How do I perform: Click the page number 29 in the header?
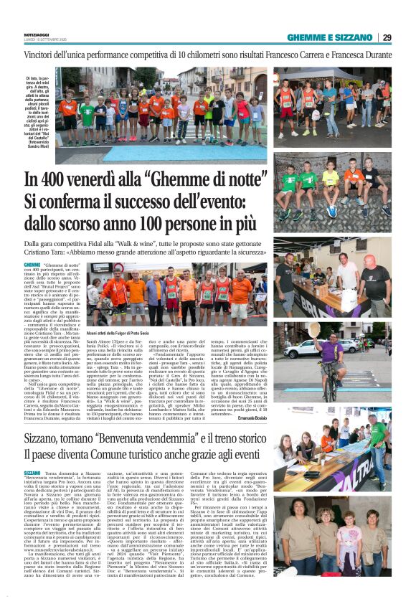point(387,37)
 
